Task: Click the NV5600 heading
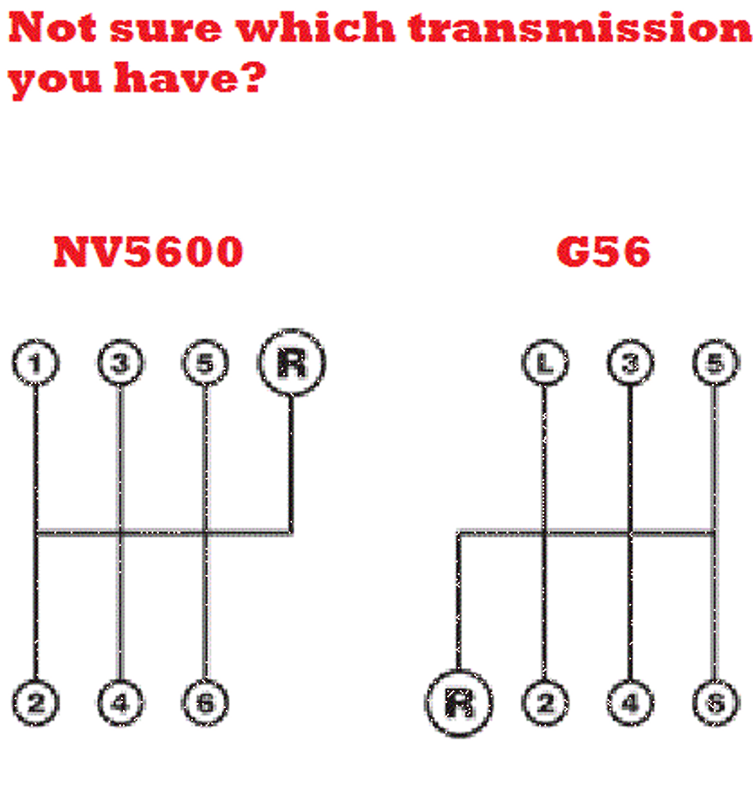(x=148, y=252)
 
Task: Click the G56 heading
(x=603, y=252)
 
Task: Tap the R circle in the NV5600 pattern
(x=291, y=363)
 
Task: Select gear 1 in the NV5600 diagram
(x=35, y=363)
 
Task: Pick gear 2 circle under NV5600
(x=35, y=702)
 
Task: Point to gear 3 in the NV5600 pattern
(x=120, y=363)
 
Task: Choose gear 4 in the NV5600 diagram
(x=120, y=702)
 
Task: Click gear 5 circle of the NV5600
(x=206, y=363)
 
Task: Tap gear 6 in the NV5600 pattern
(x=206, y=702)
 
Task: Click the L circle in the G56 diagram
(x=545, y=363)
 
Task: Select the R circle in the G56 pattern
(x=458, y=702)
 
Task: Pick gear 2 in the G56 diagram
(x=545, y=702)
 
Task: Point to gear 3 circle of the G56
(x=630, y=363)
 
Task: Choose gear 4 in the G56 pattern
(x=630, y=702)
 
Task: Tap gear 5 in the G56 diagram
(x=715, y=363)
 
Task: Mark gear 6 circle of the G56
(x=715, y=702)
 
